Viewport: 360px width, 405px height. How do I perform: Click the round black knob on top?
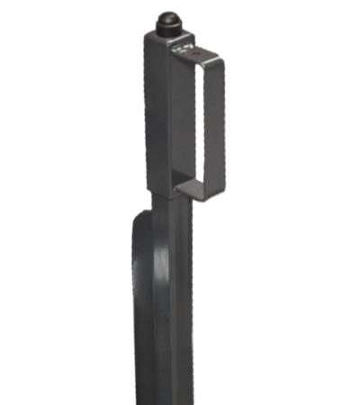pyautogui.click(x=168, y=23)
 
